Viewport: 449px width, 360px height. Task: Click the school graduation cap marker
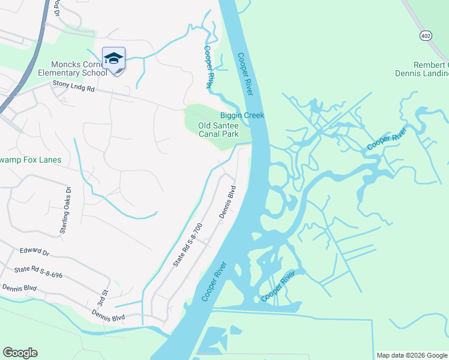pos(113,59)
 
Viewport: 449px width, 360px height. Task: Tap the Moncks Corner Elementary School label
pos(79,69)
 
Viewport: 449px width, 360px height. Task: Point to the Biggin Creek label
pos(242,115)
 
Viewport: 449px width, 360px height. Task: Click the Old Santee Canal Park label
pos(218,130)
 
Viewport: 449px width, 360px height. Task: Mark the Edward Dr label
pos(34,251)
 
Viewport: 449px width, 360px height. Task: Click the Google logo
pos(20,353)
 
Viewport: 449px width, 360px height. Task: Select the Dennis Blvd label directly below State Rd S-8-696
pos(19,289)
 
